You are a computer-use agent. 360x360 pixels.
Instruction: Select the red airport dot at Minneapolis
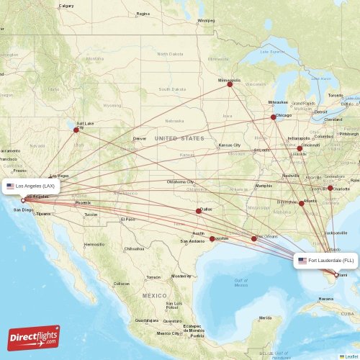230,84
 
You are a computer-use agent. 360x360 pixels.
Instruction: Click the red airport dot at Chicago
273,117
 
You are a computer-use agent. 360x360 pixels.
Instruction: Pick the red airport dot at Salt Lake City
76,130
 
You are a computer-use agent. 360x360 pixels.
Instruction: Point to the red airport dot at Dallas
199,211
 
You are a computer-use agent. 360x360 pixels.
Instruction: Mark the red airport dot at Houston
212,238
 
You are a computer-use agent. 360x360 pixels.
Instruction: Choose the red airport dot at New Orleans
254,238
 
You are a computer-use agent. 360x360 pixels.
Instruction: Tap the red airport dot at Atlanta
302,204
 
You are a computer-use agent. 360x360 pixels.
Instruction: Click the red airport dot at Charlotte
330,188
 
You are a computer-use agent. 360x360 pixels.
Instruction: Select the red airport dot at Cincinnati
300,148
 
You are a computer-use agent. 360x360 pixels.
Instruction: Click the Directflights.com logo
34,337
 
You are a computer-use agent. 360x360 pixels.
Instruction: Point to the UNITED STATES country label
179,138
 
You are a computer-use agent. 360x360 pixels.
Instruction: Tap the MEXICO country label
154,296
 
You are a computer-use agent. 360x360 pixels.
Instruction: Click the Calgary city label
66,6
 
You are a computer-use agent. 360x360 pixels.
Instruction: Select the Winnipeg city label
206,20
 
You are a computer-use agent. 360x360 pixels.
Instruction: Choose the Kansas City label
230,145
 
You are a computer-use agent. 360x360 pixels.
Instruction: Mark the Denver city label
140,138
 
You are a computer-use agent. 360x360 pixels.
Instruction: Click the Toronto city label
336,95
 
